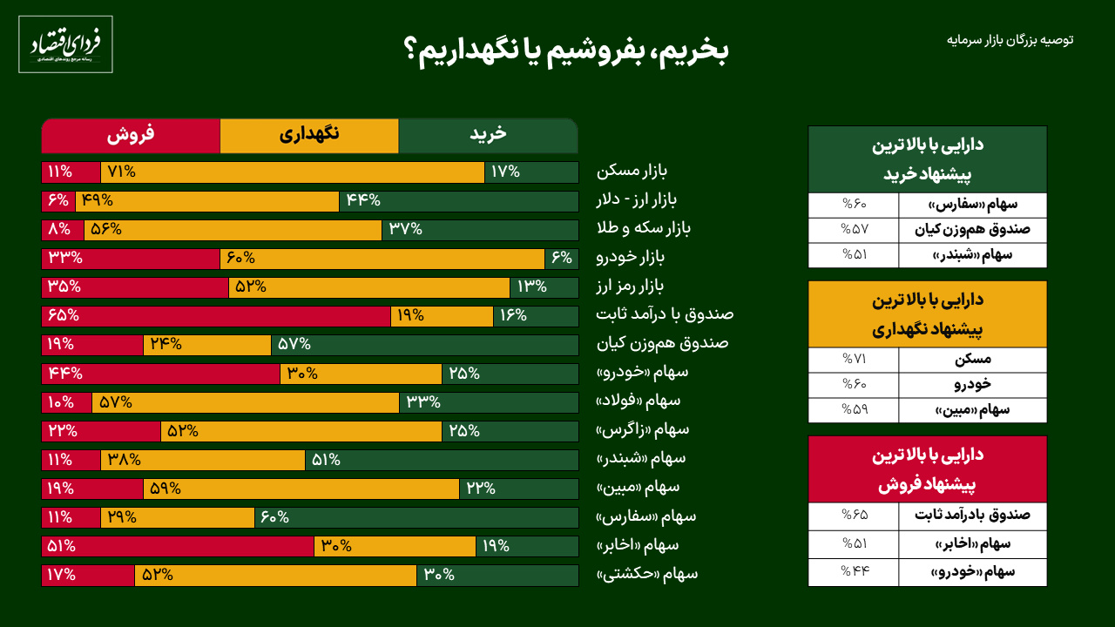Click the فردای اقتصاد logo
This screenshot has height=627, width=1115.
65,44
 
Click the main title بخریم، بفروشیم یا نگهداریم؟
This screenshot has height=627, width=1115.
566,51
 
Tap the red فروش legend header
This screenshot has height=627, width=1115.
131,135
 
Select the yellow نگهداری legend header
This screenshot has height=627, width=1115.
309,135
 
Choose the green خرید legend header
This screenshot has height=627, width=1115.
488,135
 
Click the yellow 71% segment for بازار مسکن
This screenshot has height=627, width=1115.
293,172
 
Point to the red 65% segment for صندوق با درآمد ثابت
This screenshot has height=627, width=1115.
216,315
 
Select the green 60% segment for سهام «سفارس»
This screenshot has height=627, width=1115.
416,517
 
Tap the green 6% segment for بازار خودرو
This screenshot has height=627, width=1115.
562,258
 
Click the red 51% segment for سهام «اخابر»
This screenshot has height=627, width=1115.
178,546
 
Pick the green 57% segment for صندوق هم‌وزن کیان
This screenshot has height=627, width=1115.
424,344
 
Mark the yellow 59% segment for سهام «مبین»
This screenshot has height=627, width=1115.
301,489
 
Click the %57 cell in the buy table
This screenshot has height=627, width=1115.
854,230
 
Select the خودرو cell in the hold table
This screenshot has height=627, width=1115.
973,384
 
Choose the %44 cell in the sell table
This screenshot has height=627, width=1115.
854,572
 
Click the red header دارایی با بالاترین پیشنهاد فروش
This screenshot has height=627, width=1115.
928,469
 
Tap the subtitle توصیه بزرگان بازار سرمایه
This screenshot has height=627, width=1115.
1010,40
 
